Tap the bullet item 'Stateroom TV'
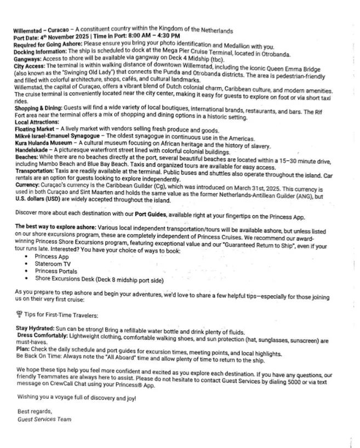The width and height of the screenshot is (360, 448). [x=53, y=264]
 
